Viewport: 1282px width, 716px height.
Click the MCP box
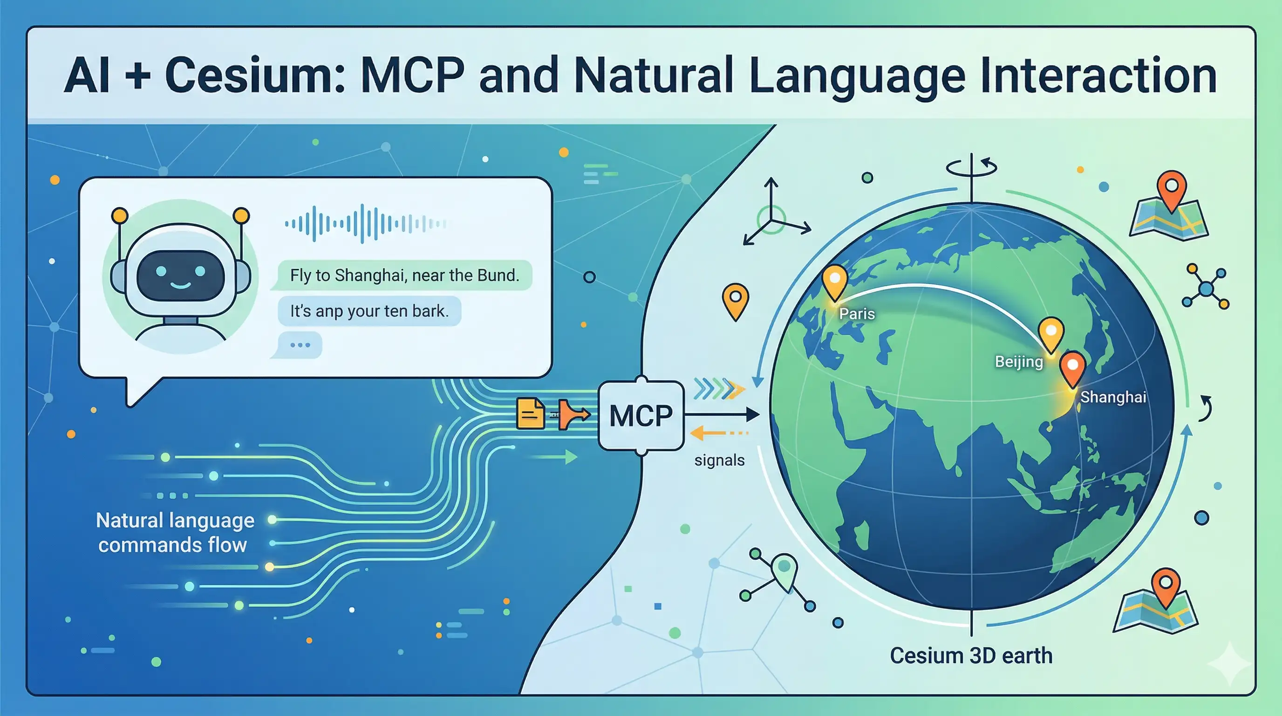(x=641, y=415)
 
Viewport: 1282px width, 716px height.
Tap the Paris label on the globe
(x=857, y=314)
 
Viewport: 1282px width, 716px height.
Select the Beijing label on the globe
(x=1019, y=361)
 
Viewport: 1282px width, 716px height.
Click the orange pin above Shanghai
(x=1072, y=367)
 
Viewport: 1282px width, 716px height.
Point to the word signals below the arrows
(x=719, y=460)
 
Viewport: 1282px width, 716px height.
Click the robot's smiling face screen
(x=180, y=275)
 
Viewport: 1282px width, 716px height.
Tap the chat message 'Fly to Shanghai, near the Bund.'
(x=404, y=275)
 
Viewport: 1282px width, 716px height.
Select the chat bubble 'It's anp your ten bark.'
(x=369, y=311)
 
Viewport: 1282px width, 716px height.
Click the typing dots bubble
(x=300, y=345)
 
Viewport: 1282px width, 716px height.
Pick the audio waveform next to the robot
(x=365, y=224)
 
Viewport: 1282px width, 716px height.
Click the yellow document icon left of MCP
(x=530, y=413)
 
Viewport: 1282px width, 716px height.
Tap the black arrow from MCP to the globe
(x=722, y=414)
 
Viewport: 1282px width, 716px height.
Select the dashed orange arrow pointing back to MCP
(x=719, y=433)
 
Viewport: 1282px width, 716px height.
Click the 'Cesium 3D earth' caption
(x=971, y=655)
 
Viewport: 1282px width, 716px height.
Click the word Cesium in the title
(x=254, y=76)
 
